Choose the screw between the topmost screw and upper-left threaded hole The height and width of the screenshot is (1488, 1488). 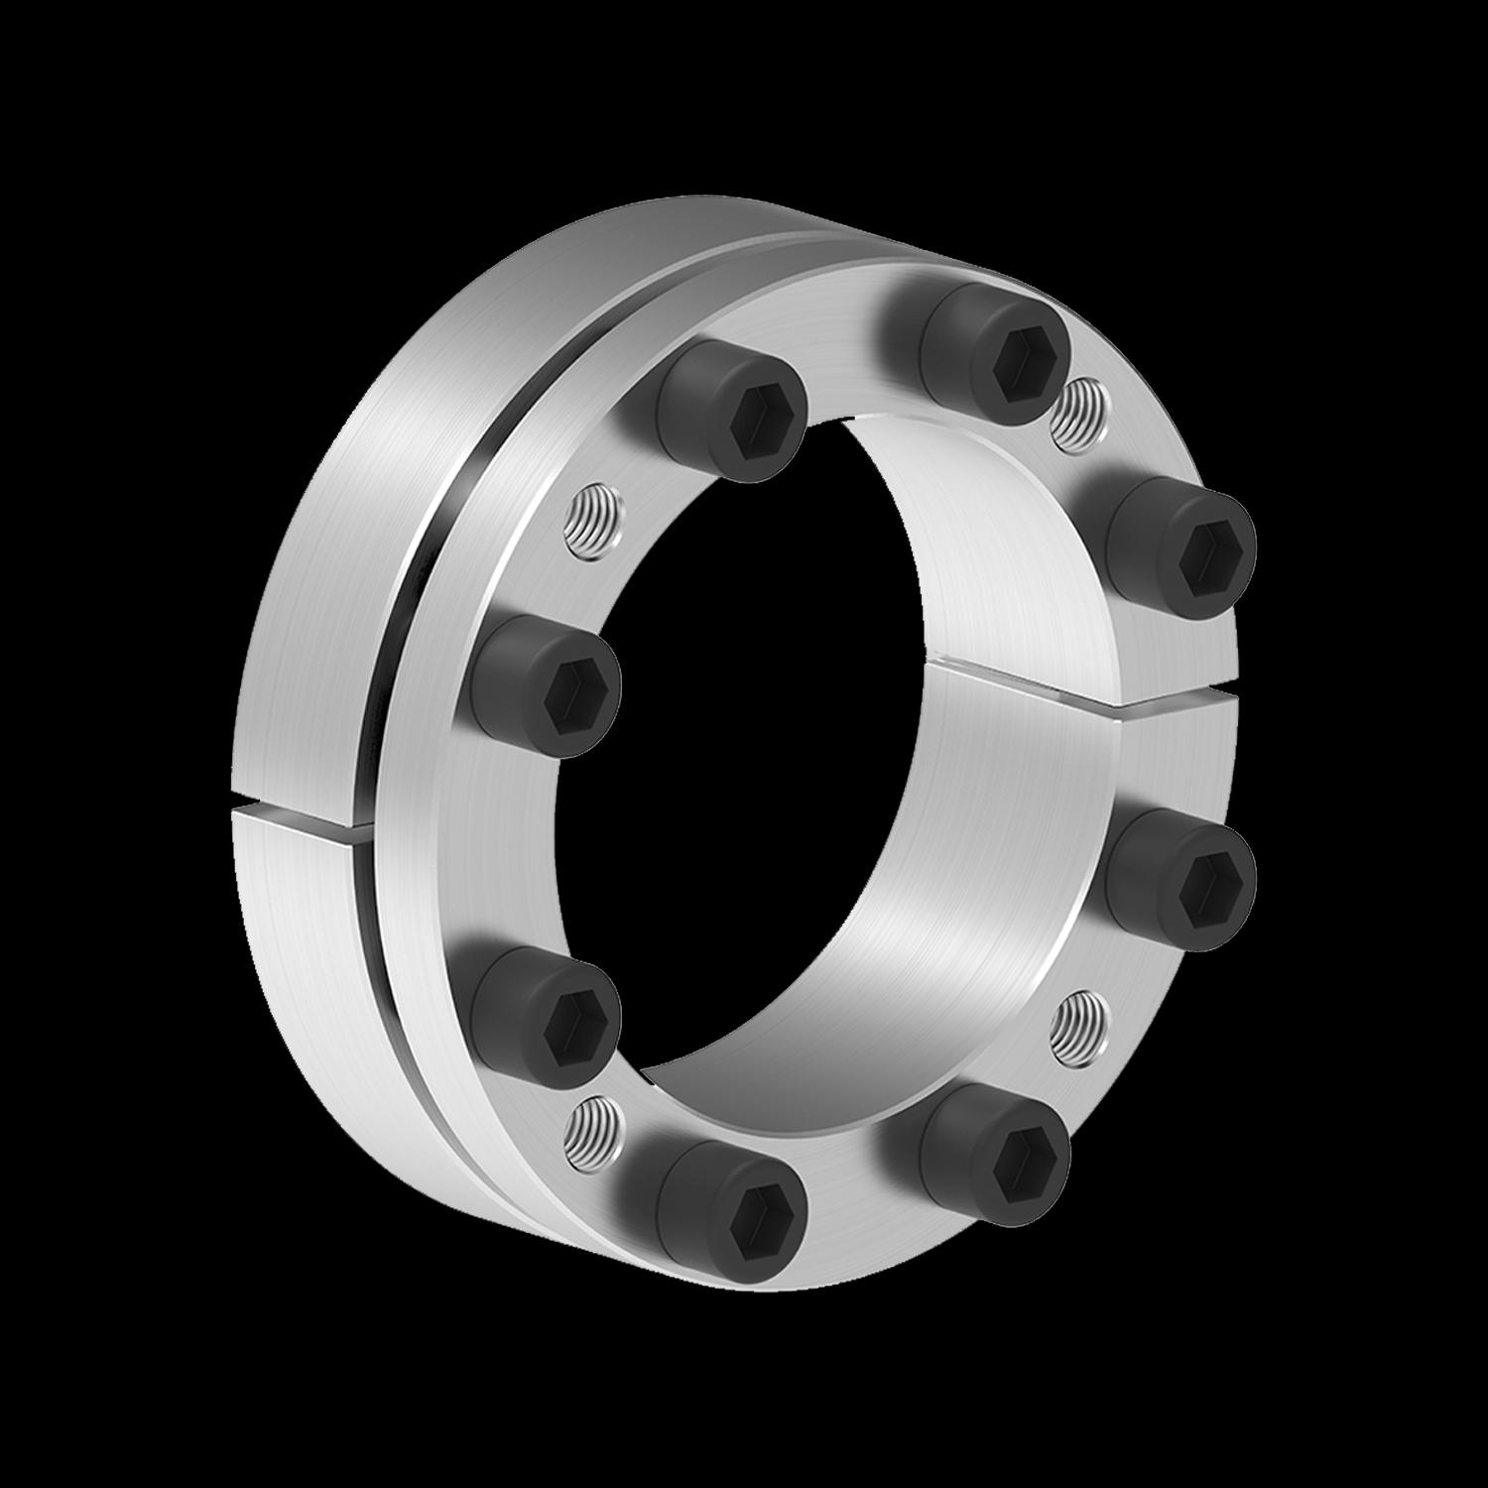731,407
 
